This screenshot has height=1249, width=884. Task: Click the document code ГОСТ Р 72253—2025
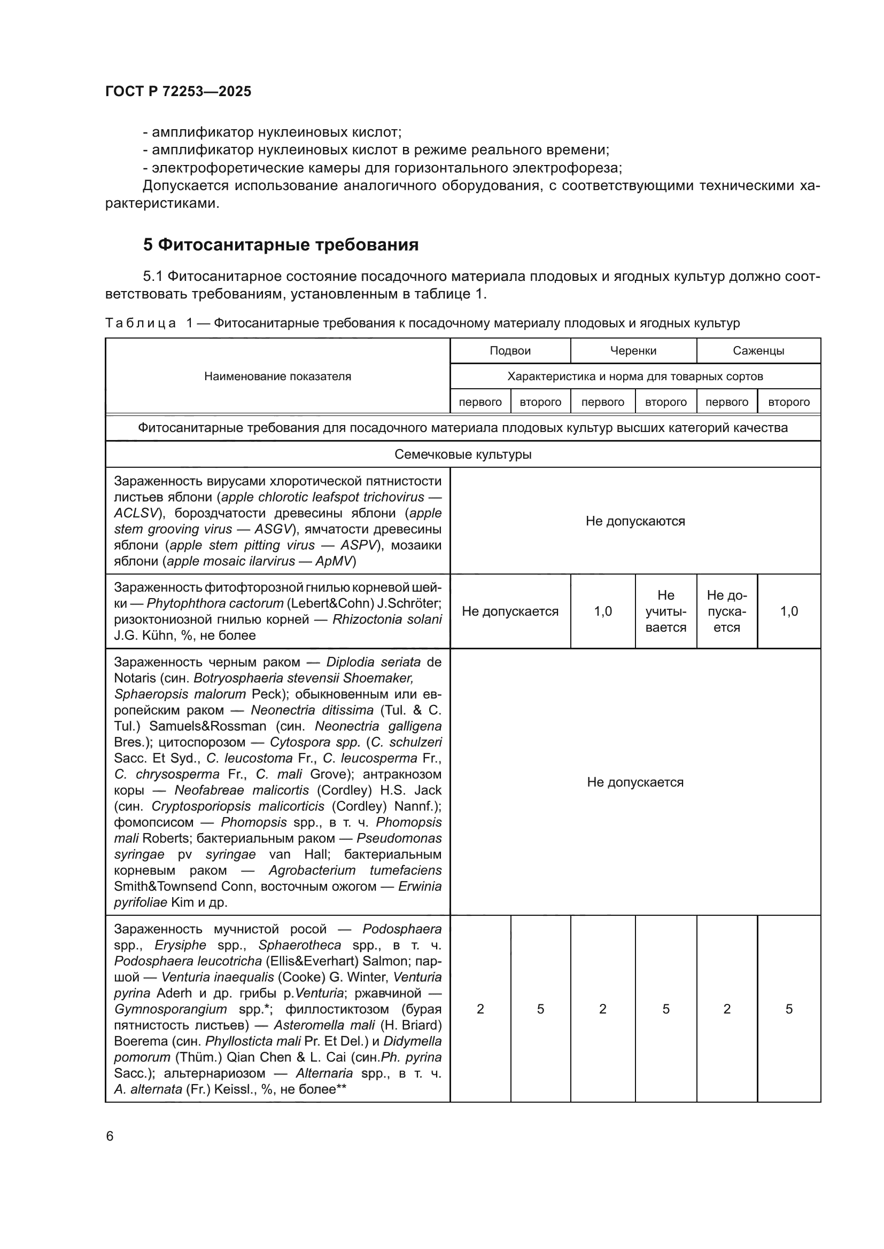tap(178, 91)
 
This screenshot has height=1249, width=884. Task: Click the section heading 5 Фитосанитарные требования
tap(281, 245)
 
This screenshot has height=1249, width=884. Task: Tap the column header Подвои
tap(510, 351)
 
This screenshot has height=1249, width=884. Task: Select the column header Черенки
tap(633, 351)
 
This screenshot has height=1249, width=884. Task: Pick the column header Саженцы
tap(758, 351)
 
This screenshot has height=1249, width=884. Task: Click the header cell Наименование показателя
tap(277, 376)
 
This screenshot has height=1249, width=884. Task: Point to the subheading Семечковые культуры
tap(463, 454)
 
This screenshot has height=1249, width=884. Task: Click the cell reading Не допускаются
tap(635, 521)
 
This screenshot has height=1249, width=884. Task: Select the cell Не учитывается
tap(666, 611)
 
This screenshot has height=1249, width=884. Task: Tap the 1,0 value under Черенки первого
tap(602, 611)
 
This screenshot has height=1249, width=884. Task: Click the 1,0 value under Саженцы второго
tap(789, 611)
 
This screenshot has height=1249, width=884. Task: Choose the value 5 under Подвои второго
tap(540, 1010)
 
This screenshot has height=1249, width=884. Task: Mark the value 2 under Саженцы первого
tap(727, 1010)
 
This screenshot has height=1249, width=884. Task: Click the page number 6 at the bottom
tap(110, 1136)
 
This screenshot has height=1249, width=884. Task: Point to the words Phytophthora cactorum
tap(215, 603)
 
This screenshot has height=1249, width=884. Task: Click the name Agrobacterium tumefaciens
tap(355, 870)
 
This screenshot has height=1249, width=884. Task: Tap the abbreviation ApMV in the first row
tap(335, 561)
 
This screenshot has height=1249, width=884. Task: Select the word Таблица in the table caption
tap(141, 323)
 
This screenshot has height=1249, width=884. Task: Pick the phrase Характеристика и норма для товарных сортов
tap(635, 376)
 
